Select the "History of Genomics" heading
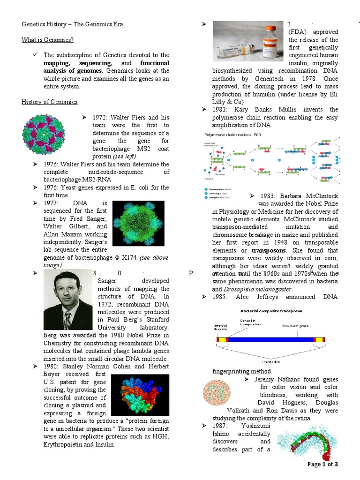pyautogui.click(x=50, y=102)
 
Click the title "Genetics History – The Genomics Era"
pyautogui.click(x=73, y=24)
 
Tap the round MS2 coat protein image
pyautogui.click(x=45, y=135)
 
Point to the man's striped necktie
pyautogui.click(x=67, y=320)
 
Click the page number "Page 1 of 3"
pyautogui.click(x=322, y=464)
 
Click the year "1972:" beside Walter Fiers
pyautogui.click(x=101, y=117)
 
